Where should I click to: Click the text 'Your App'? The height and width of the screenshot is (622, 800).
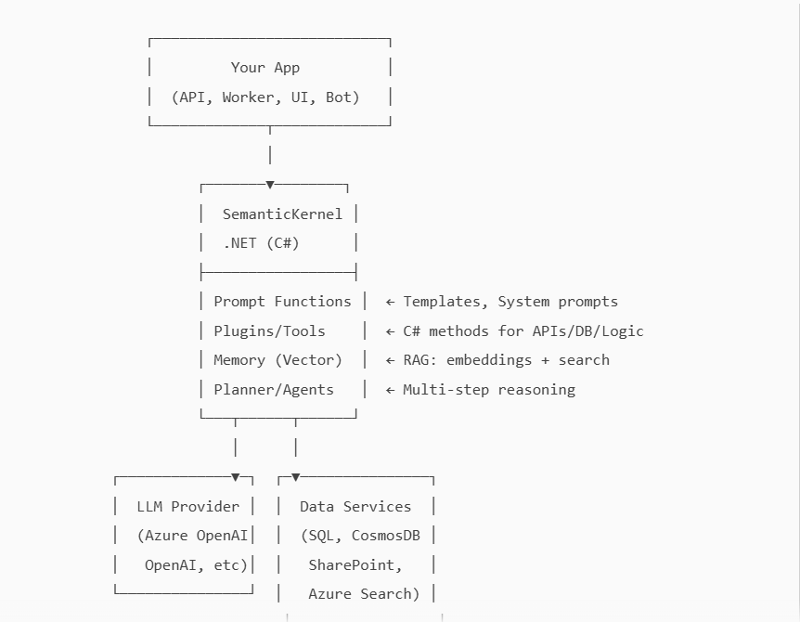click(265, 68)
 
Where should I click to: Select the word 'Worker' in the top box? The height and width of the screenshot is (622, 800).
click(248, 97)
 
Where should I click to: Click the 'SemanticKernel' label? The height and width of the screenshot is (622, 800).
click(282, 214)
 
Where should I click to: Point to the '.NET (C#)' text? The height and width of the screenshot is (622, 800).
click(261, 243)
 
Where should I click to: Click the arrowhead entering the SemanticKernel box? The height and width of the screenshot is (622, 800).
click(270, 185)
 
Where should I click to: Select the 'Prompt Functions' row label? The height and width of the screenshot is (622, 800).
click(282, 302)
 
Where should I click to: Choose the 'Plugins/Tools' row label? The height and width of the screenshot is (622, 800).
click(269, 330)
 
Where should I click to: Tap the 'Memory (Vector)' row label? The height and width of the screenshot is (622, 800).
click(277, 360)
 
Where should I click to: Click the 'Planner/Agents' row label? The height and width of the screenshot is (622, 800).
click(274, 390)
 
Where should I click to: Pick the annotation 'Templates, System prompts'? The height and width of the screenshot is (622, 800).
click(510, 302)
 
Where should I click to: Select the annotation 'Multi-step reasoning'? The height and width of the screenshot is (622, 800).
click(489, 390)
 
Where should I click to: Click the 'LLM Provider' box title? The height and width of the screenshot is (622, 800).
click(187, 507)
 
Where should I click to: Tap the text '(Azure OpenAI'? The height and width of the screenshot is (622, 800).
click(192, 536)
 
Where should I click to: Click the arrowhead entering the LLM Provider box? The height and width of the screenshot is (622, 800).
click(236, 477)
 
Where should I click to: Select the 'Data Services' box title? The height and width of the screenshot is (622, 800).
click(355, 507)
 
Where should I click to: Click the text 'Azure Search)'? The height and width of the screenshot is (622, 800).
click(364, 594)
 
